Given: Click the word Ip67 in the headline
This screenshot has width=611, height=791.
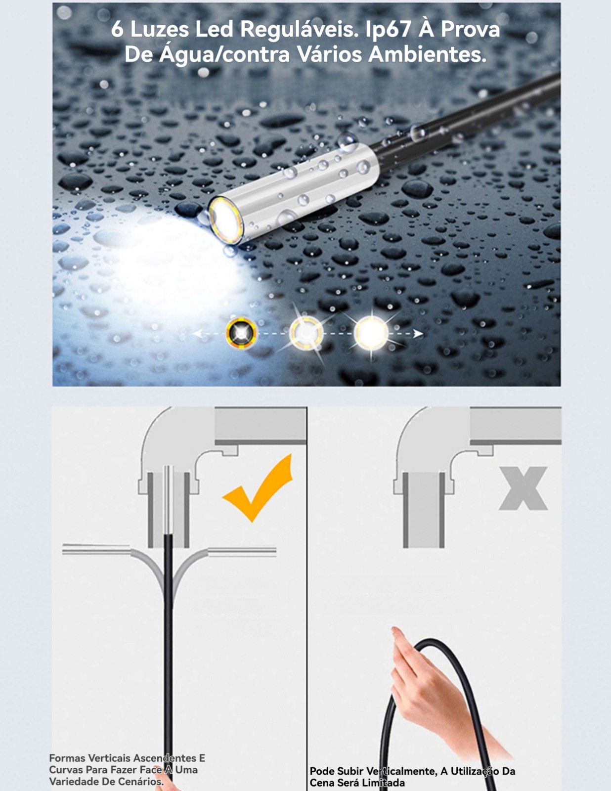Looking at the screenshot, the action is click(x=388, y=29).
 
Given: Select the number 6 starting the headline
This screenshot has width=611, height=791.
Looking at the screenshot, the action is click(x=117, y=29).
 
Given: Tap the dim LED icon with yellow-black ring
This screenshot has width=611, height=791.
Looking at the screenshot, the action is click(x=241, y=333).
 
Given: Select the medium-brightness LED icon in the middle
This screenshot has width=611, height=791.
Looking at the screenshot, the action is click(x=306, y=333).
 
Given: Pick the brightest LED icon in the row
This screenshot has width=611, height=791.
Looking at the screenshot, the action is click(x=371, y=332).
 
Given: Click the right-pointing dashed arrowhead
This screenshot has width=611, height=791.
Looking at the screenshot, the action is click(x=418, y=333).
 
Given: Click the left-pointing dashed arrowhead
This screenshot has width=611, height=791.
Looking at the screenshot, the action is click(x=197, y=333).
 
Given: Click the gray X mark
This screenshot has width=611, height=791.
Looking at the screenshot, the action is click(x=523, y=488).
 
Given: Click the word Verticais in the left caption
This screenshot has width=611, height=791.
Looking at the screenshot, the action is click(x=109, y=758).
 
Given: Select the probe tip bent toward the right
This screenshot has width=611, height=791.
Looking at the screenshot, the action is click(x=242, y=552).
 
